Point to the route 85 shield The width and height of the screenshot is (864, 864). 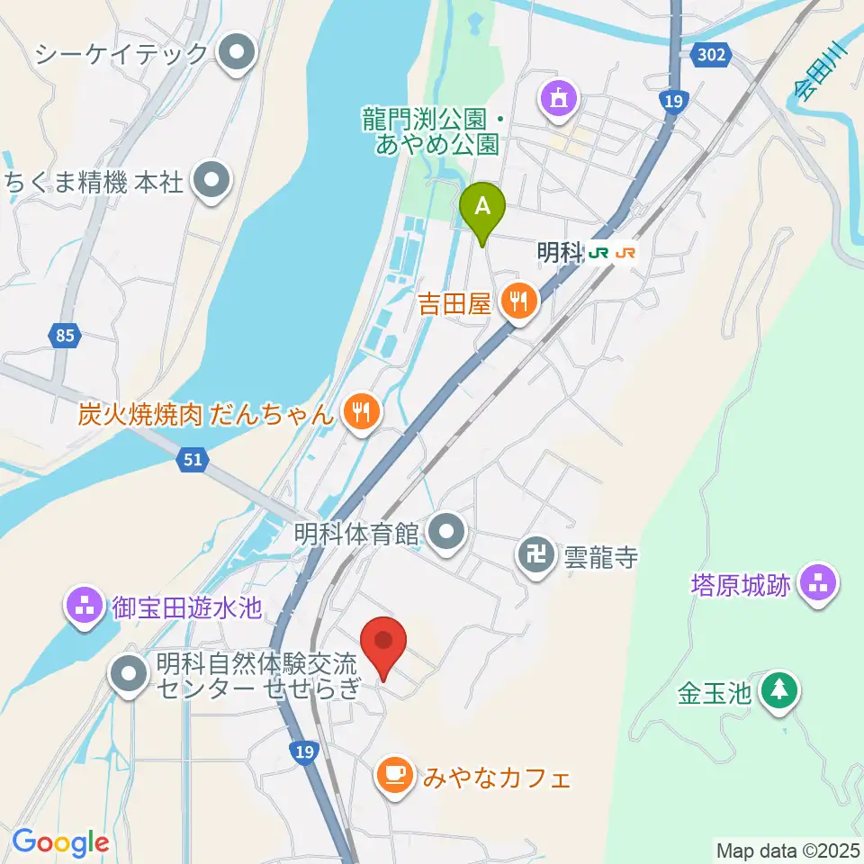point(63,337)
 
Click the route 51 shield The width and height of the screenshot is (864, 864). point(193,461)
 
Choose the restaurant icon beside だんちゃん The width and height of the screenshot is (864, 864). point(362,413)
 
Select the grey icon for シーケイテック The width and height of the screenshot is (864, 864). point(238,53)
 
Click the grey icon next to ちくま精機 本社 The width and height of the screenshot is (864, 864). point(212,183)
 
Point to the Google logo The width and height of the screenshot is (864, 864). point(60,842)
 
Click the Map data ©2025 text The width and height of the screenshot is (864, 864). point(788,850)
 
